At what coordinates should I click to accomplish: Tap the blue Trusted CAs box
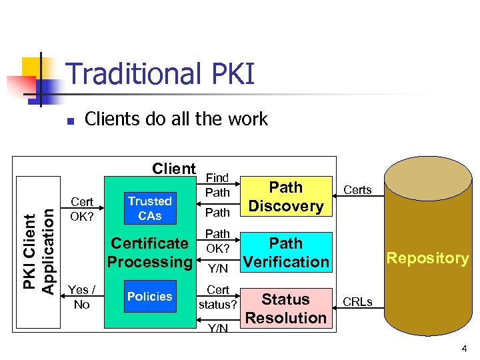(149, 209)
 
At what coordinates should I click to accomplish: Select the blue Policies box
(149, 297)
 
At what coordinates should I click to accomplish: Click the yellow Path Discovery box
(286, 197)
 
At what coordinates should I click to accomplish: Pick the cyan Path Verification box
(286, 253)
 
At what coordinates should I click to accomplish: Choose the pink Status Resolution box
(286, 308)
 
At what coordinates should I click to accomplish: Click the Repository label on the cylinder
(427, 258)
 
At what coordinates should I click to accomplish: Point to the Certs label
(357, 190)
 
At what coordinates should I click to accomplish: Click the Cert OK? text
(82, 209)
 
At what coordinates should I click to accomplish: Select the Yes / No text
(82, 297)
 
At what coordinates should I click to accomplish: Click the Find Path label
(217, 185)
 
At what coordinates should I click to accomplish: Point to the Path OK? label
(217, 241)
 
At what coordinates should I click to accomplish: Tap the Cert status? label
(217, 297)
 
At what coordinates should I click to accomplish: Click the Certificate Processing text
(149, 253)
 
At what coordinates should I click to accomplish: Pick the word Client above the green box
(174, 169)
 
